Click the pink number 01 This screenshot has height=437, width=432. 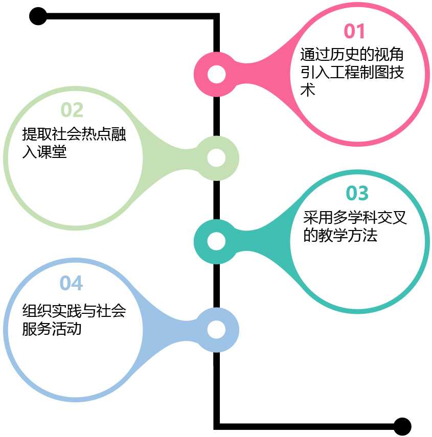click(x=355, y=32)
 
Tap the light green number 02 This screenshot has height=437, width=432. click(x=72, y=110)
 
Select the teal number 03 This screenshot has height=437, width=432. click(x=357, y=194)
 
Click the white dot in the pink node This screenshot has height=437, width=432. click(x=217, y=75)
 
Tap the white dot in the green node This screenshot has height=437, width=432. click(x=217, y=158)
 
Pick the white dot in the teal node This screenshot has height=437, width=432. click(x=217, y=241)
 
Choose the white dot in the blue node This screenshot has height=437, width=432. click(x=217, y=330)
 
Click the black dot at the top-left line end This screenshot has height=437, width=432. click(x=38, y=16)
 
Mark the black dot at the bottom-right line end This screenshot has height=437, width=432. click(x=402, y=426)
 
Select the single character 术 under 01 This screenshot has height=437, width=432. click(x=307, y=90)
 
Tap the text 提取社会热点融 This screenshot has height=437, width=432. click(x=74, y=134)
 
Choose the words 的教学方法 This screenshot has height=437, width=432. click(x=340, y=236)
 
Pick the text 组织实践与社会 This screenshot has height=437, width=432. click(x=74, y=310)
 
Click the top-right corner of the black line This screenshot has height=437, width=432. click(x=217, y=17)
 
